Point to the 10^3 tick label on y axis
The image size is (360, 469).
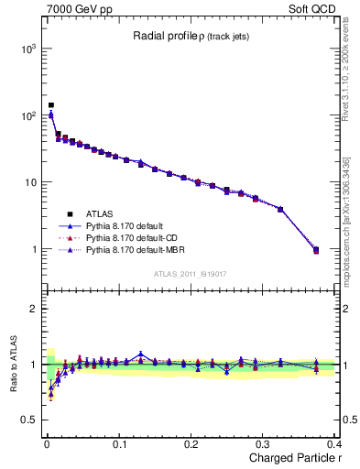[26, 49]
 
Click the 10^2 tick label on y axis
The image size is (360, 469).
[26, 115]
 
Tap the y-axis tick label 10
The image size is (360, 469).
[28, 182]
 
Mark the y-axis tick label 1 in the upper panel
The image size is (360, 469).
[32, 249]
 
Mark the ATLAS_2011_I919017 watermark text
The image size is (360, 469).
[189, 274]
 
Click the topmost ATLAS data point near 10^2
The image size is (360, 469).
[51, 105]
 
